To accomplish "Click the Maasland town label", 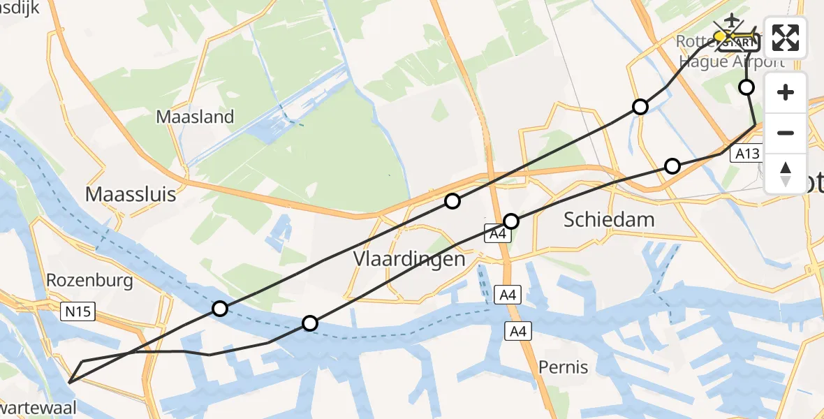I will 195,117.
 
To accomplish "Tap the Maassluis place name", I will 131,193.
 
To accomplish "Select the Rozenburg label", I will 89,281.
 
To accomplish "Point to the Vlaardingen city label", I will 409,259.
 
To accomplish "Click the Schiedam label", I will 609,220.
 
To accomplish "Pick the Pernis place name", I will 563,367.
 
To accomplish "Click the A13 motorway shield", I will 746,154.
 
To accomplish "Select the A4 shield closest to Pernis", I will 517,331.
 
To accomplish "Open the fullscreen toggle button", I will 786,38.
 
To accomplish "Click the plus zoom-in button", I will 786,92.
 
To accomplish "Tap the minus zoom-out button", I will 786,133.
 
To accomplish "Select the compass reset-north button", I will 786,173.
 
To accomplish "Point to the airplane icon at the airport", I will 732,19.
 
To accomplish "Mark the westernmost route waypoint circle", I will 220,309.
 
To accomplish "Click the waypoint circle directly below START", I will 746,87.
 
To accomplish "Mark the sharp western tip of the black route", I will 70,381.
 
